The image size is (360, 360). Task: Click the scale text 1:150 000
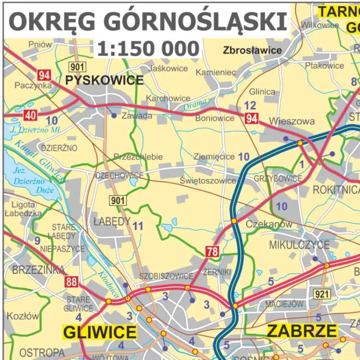point(148,48)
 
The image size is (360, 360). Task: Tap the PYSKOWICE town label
point(104,80)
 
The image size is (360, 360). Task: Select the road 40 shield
point(30,115)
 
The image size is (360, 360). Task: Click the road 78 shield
point(212,251)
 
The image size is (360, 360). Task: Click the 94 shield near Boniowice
point(252,119)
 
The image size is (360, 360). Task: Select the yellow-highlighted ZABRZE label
point(302,331)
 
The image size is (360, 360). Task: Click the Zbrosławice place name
point(252,50)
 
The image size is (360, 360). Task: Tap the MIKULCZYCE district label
point(299,245)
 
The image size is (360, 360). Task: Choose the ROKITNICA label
point(336,190)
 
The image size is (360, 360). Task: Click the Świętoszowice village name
point(208,180)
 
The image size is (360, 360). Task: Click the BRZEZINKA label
point(32,270)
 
